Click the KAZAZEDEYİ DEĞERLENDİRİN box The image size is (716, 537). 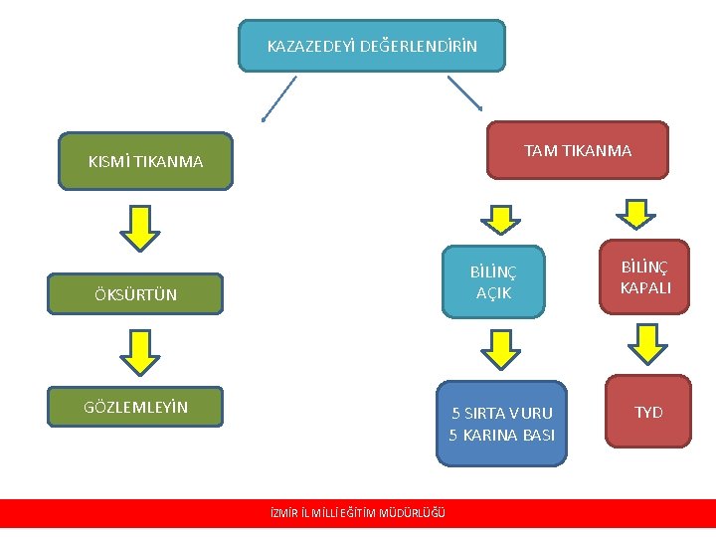coord(372,46)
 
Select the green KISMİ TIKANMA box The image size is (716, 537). coord(145,161)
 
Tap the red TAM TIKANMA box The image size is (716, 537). coord(577,150)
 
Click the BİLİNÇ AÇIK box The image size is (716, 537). coord(493,281)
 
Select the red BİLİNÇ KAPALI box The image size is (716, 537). coord(645,277)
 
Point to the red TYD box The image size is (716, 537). coord(648,412)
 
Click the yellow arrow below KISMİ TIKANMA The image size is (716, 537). coord(139,229)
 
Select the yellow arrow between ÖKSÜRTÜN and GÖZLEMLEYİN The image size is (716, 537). coord(139,350)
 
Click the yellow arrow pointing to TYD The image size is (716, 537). coord(648,346)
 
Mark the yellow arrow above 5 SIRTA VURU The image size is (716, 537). coord(499,350)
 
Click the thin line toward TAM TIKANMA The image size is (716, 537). coord(464,92)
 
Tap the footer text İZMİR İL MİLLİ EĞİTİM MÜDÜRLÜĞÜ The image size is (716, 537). coord(358,513)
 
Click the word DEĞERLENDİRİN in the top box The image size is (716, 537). coord(418,46)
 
